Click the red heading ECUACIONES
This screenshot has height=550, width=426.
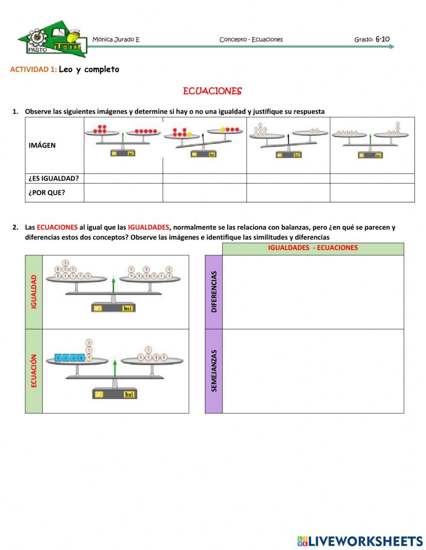point(212,91)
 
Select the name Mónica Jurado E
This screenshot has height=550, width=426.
point(116,40)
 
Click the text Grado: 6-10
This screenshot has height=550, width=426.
point(371,39)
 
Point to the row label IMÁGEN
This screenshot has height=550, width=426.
point(42,145)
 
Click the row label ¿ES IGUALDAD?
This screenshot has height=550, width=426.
point(54,179)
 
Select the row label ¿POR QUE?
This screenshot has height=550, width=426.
point(47,193)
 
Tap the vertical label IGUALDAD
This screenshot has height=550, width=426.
point(34,292)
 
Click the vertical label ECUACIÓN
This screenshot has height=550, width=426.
point(34,371)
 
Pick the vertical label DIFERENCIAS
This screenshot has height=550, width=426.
point(214,292)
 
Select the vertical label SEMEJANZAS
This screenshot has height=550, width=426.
point(214,371)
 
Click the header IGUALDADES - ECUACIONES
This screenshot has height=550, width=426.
point(313,248)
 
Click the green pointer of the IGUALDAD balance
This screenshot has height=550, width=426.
point(113,285)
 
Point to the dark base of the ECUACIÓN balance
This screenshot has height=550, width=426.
point(115,394)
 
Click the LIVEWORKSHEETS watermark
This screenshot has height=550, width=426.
point(360,541)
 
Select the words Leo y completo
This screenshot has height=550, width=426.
point(89,69)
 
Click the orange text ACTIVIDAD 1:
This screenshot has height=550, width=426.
point(33,69)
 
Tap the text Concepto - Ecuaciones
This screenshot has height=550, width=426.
point(251,40)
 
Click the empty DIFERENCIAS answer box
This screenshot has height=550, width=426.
point(313,292)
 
